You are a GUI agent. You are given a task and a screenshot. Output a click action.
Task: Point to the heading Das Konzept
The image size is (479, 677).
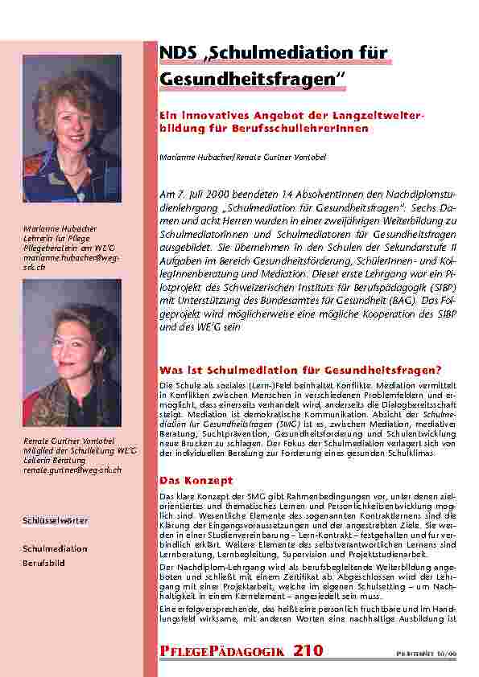point(186,480)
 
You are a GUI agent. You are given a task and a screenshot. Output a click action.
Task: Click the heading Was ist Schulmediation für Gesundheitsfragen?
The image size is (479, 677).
point(300,370)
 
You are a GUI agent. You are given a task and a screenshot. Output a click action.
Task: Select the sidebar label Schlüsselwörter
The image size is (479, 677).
point(55,521)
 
